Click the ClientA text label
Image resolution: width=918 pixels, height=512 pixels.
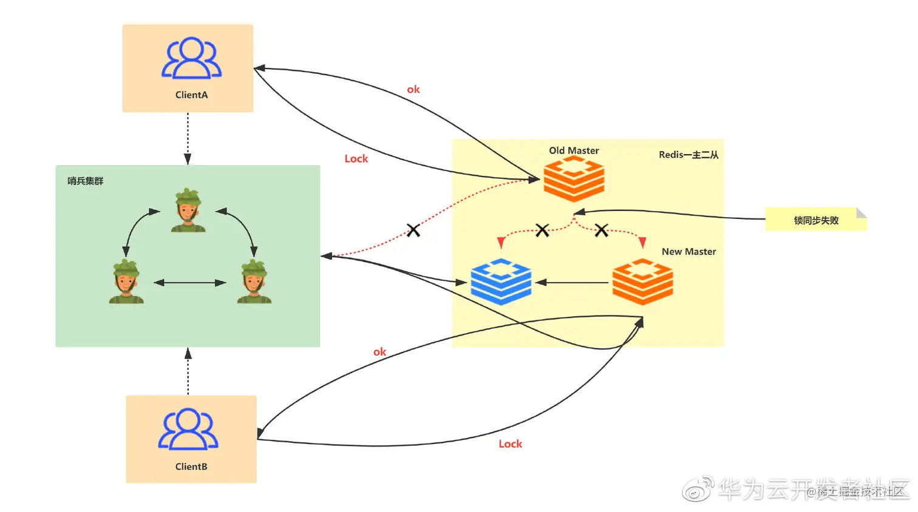click(191, 95)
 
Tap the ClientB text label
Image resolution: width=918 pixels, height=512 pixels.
click(191, 467)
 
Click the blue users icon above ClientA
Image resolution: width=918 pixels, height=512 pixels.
click(191, 58)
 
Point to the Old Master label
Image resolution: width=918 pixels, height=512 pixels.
click(574, 150)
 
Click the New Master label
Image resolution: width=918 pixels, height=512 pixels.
click(688, 252)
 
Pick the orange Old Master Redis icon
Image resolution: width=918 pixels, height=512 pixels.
click(574, 179)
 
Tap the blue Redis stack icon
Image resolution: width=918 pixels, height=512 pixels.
click(501, 281)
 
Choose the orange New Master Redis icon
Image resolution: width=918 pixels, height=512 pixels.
click(642, 281)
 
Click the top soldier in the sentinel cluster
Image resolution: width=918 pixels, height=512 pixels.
click(188, 210)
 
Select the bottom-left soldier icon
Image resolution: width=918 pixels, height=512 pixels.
click(126, 281)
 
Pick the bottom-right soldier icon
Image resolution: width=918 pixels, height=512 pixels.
click(254, 281)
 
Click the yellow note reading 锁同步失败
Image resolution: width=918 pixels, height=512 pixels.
click(815, 220)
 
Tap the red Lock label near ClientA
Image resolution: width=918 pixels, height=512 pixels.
click(356, 159)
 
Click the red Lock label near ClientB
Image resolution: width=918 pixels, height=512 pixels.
click(510, 444)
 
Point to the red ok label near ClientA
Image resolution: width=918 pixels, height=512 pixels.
click(413, 90)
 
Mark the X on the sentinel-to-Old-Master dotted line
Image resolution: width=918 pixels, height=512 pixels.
click(413, 231)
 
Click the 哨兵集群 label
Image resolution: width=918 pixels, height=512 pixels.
click(86, 181)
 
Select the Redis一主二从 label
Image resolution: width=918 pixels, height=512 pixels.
click(688, 155)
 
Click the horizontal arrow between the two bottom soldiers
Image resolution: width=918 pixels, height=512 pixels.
click(190, 283)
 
